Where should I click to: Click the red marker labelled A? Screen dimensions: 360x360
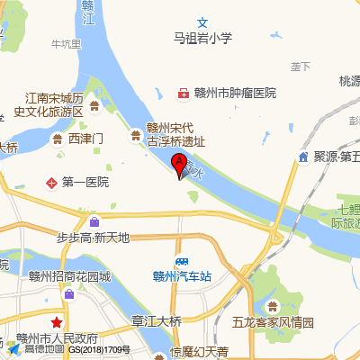(x=179, y=165)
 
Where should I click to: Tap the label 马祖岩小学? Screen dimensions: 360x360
(x=202, y=38)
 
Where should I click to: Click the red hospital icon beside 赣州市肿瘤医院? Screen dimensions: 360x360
(x=184, y=94)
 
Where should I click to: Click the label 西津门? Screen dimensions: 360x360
(x=86, y=139)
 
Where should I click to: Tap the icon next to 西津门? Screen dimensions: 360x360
(x=59, y=139)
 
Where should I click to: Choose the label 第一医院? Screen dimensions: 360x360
(x=85, y=183)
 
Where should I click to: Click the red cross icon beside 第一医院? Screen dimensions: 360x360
(x=52, y=183)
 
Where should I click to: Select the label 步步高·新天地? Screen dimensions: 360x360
(x=94, y=238)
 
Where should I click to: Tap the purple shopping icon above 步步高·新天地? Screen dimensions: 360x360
(x=95, y=221)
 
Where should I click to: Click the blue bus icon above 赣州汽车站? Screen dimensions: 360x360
(x=182, y=261)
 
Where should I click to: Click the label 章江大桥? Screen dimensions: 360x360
(x=157, y=320)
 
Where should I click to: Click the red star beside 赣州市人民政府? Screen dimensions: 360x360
(x=57, y=321)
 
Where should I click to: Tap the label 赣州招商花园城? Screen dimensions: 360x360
(x=68, y=276)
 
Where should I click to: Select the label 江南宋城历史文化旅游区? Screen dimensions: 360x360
(x=54, y=103)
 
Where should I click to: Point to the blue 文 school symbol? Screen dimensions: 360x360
(x=202, y=22)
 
